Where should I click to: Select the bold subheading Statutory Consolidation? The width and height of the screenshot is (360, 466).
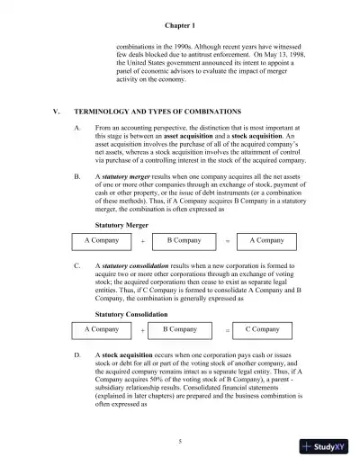click(130, 314)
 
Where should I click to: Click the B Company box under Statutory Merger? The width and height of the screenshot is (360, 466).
click(184, 242)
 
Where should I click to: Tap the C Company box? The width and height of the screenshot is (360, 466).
click(262, 330)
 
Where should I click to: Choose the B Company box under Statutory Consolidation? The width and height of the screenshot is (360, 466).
click(180, 330)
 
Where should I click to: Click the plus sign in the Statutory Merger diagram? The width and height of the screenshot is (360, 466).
click(142, 243)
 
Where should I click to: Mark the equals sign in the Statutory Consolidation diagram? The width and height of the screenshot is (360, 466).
click(227, 331)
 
